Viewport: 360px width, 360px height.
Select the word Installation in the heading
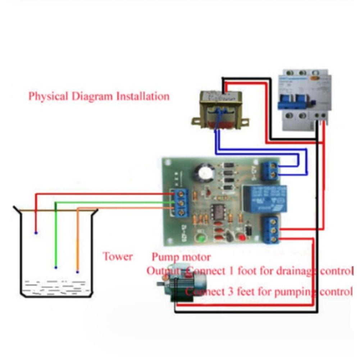143,97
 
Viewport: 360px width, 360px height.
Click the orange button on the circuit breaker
316,78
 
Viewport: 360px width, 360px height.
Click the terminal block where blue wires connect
270,170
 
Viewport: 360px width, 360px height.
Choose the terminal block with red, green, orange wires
181,203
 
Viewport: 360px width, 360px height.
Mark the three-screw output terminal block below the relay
272,229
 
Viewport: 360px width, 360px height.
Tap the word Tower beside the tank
118,257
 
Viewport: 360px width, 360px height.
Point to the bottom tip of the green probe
56,267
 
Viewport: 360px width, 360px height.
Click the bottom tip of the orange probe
77,272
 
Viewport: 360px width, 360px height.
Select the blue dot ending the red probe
36,233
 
